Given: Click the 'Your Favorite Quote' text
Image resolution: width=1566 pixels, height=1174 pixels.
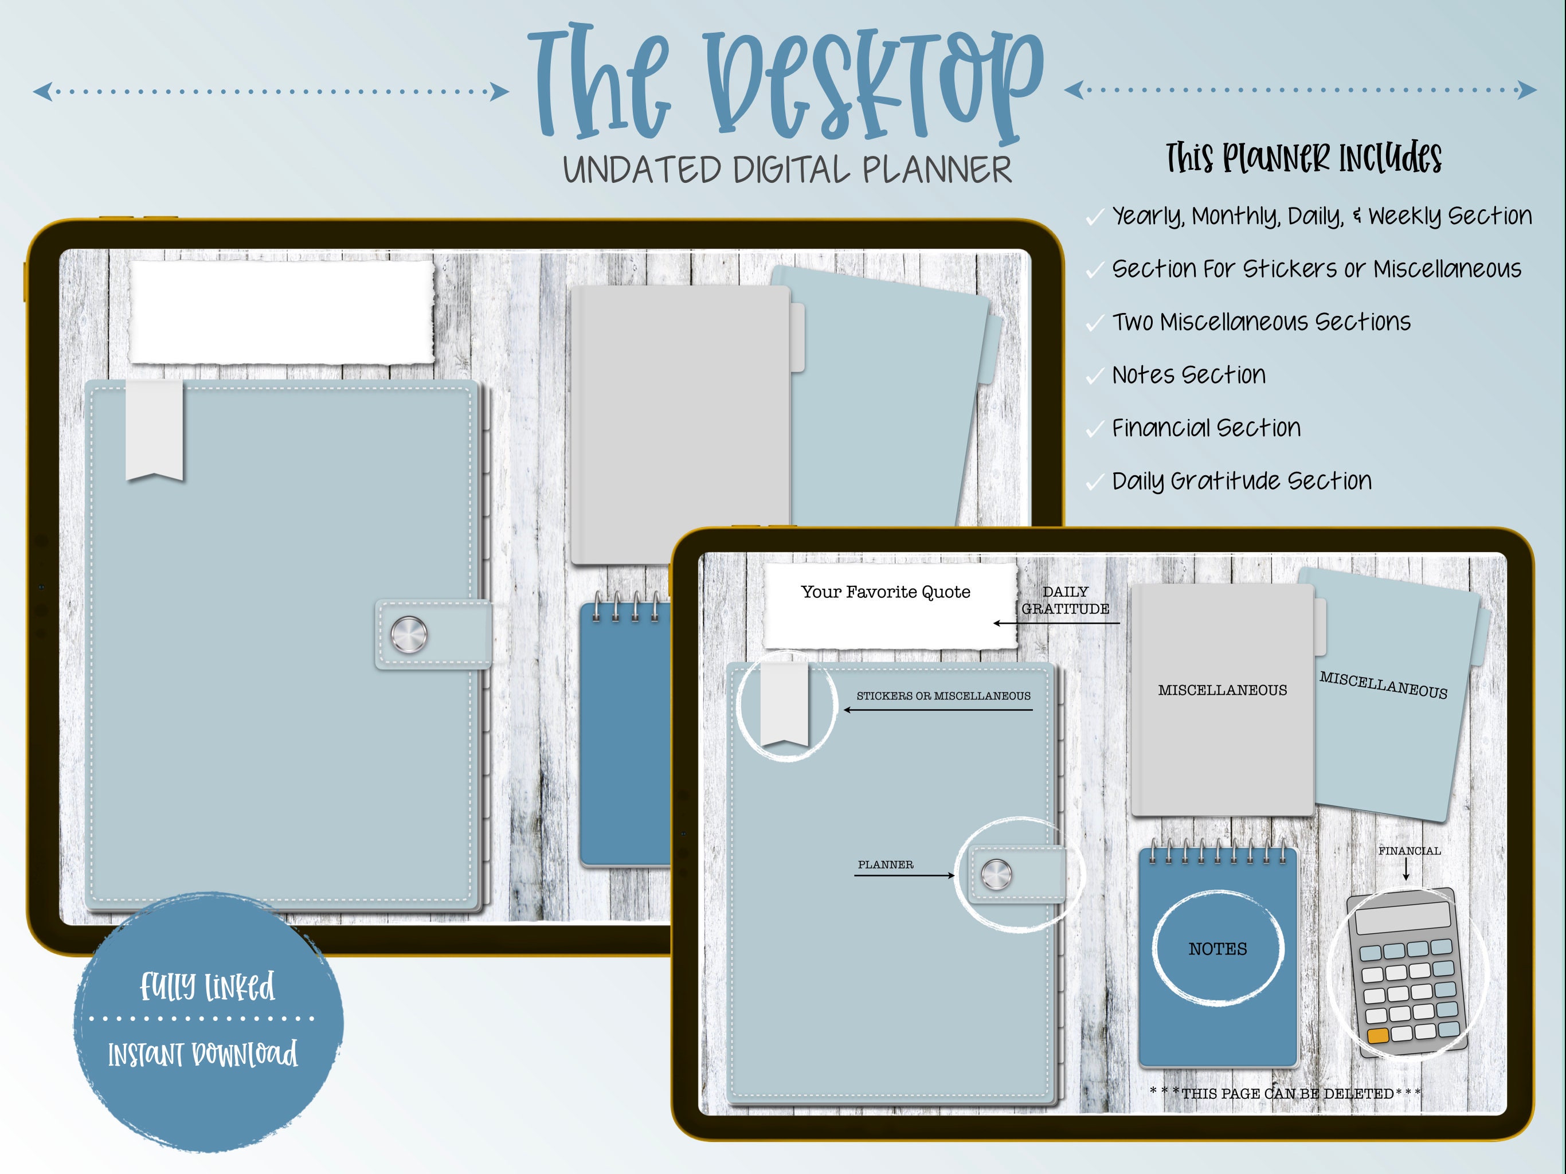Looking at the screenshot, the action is point(885,592).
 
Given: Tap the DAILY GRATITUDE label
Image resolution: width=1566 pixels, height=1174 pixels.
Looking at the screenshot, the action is point(1066,600).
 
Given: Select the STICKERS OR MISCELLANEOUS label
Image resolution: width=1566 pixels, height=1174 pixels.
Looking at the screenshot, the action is point(943,696).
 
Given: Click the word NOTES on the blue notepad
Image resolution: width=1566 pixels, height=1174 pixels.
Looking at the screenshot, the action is point(1217,949).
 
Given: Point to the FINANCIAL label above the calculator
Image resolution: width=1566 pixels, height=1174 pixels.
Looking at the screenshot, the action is point(1409,851).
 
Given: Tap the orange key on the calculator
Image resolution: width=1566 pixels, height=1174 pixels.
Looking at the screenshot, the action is point(1377,1036).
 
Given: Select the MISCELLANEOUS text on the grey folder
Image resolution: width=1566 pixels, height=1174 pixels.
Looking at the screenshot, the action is point(1223,690).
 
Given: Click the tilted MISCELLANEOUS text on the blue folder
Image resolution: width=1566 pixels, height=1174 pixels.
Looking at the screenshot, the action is point(1383,686).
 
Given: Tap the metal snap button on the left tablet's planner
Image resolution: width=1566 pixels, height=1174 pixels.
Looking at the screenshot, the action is point(409,634).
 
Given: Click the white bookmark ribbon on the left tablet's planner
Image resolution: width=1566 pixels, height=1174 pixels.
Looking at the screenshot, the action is point(154,431).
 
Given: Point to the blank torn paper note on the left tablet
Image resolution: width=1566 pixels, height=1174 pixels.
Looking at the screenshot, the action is point(281,312).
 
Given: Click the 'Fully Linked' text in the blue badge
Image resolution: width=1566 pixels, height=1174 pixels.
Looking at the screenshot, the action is point(207,987).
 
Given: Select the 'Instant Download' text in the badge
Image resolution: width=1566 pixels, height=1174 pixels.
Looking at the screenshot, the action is point(202,1054).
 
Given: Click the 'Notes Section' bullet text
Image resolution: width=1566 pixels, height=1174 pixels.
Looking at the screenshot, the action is point(1189,374).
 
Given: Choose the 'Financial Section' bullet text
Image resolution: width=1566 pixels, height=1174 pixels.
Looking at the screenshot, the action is point(1207,428).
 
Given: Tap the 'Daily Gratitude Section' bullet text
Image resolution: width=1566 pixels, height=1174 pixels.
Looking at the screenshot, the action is point(1242,482).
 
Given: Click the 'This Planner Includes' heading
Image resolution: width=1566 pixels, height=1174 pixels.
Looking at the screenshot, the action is point(1304,158).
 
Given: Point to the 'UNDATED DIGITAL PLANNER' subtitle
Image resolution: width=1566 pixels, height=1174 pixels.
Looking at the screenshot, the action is point(787,170).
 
